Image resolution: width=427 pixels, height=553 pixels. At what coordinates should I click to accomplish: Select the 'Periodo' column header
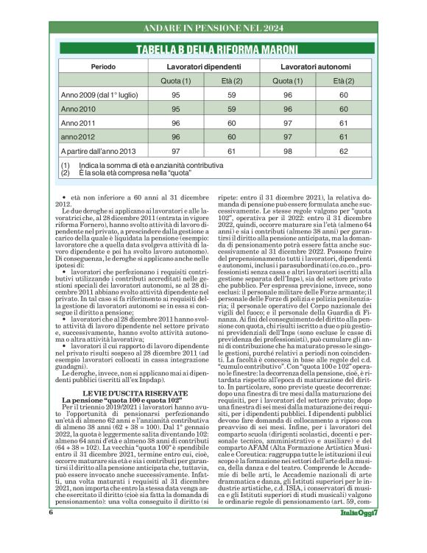(103, 67)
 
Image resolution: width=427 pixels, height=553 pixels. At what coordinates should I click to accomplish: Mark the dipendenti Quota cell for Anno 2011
(176, 123)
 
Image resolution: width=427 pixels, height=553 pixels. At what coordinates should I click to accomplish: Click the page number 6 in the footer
(51, 531)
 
